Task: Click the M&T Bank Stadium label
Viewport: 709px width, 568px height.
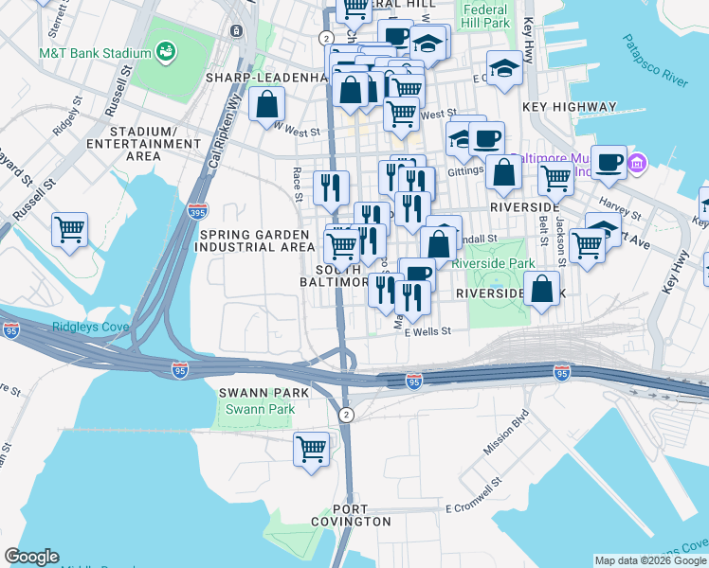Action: [95, 53]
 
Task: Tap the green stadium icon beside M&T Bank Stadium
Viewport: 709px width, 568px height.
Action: [166, 50]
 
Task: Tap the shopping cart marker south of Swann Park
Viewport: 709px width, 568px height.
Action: [311, 449]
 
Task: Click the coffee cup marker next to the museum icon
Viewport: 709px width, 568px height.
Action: [609, 162]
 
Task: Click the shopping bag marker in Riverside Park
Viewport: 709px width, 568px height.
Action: [541, 289]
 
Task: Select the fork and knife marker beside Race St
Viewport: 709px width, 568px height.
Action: [330, 186]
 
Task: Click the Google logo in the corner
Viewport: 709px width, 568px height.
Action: [31, 557]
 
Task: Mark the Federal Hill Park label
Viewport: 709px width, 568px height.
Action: [485, 15]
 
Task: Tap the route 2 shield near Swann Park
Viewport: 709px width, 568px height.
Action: [347, 415]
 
